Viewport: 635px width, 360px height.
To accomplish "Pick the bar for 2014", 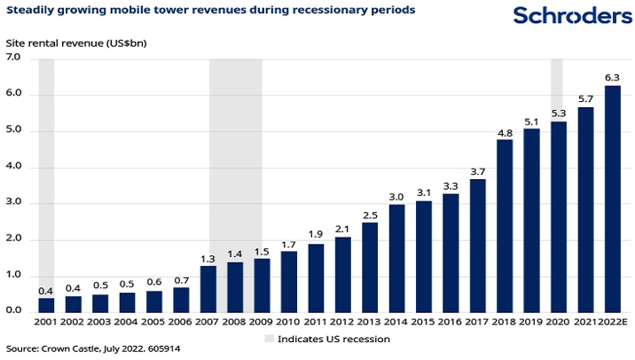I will coord(396,257).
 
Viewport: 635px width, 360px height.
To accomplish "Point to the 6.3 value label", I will coord(613,77).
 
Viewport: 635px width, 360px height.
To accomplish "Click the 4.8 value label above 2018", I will coord(505,133).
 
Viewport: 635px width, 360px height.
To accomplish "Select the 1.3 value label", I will coord(208,259).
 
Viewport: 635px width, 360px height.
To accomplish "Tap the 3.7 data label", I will coord(477,172).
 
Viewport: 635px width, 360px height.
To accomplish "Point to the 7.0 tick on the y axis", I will coord(14,59).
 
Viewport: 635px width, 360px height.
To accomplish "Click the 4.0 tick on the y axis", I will coord(14,167).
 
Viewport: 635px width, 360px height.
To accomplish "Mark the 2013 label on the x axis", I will coord(369,322).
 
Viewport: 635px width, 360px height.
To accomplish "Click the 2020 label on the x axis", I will coord(558,322).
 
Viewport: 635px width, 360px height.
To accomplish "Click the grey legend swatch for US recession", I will coord(269,339).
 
